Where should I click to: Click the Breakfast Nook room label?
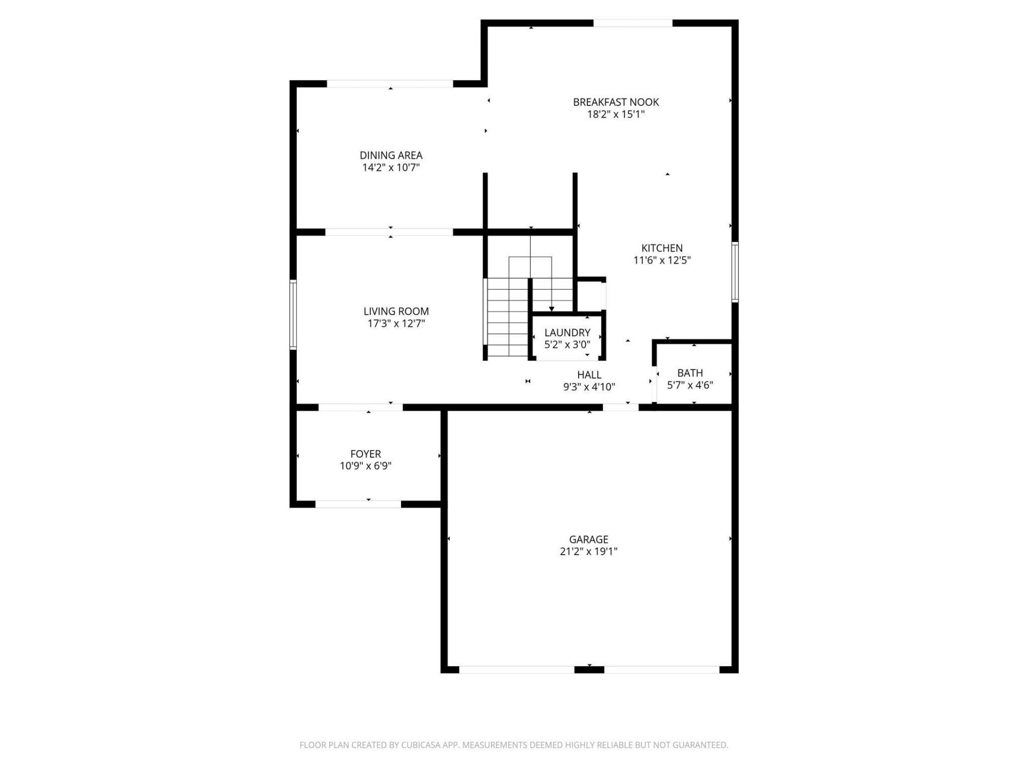(x=616, y=102)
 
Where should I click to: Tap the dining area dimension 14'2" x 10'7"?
(x=391, y=168)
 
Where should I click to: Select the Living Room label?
(x=396, y=311)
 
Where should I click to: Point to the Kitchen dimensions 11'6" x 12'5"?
(x=662, y=261)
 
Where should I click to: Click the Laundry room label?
(x=567, y=332)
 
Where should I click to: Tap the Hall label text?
(x=589, y=375)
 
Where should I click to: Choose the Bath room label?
(x=690, y=373)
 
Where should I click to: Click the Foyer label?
(x=366, y=453)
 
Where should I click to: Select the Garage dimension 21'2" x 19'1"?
(x=588, y=551)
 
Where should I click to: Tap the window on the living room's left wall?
(x=293, y=315)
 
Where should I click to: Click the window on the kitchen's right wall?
(x=735, y=272)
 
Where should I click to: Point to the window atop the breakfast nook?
(x=633, y=23)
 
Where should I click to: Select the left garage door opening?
(x=517, y=669)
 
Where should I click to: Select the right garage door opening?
(x=662, y=669)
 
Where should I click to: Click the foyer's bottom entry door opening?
(x=358, y=504)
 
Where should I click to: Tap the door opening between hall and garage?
(x=621, y=407)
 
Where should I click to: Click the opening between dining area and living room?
(x=389, y=232)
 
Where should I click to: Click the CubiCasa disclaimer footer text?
(x=513, y=745)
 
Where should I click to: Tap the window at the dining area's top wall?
(x=390, y=84)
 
